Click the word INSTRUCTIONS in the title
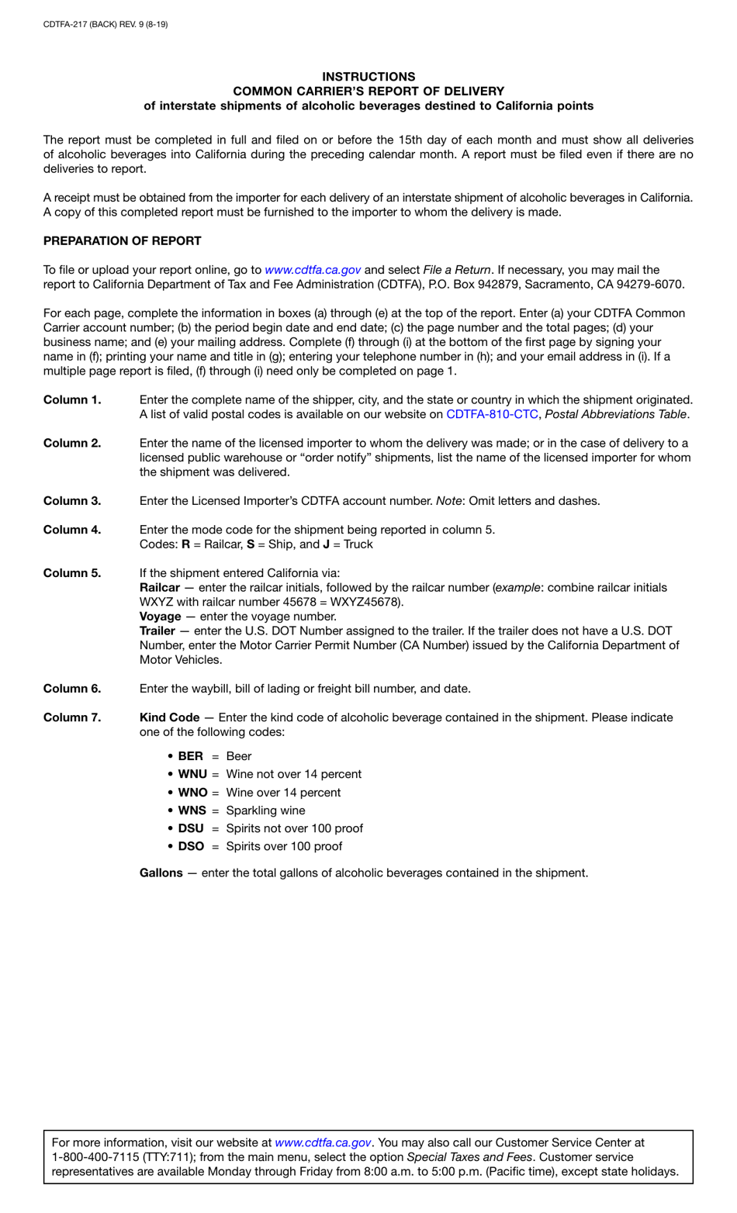point(368,77)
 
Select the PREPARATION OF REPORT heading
point(122,241)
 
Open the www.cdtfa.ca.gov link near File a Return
point(313,270)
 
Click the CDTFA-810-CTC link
point(492,414)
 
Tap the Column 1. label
point(72,400)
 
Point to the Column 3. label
point(72,501)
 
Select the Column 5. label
point(72,573)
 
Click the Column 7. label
point(72,717)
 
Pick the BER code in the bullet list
point(190,756)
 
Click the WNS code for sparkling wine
point(192,810)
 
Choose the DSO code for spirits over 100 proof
point(191,846)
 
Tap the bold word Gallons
point(161,873)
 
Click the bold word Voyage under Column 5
point(160,617)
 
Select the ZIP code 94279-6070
point(647,285)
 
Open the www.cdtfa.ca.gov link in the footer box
point(323,1142)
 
